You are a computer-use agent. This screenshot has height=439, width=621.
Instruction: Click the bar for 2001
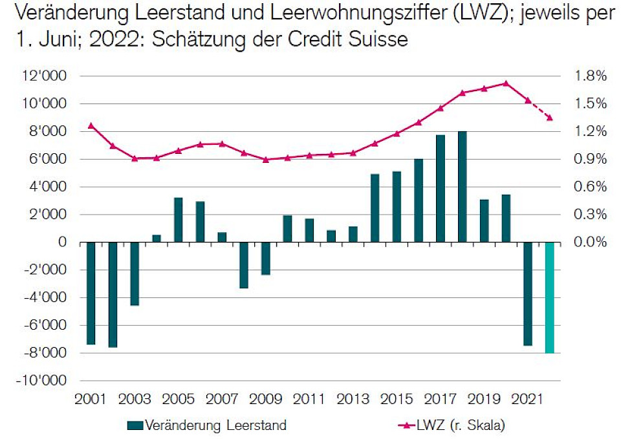pyautogui.click(x=91, y=293)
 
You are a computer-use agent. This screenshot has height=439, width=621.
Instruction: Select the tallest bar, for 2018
pyautogui.click(x=462, y=187)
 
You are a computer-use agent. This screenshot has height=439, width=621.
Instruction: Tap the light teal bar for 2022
pyautogui.click(x=549, y=297)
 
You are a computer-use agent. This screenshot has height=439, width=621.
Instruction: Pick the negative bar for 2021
pyautogui.click(x=528, y=294)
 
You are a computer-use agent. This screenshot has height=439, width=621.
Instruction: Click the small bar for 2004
pyautogui.click(x=156, y=239)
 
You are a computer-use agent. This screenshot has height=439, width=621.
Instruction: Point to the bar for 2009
pyautogui.click(x=265, y=259)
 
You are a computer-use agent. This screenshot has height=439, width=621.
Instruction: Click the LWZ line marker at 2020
pyautogui.click(x=506, y=83)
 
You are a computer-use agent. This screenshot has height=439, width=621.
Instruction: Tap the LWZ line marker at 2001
pyautogui.click(x=91, y=125)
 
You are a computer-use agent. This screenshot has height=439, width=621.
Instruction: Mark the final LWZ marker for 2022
pyautogui.click(x=549, y=118)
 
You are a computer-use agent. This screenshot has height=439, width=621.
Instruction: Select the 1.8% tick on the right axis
pyautogui.click(x=592, y=76)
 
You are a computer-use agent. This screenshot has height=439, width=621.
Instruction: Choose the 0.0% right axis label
pyautogui.click(x=592, y=242)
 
